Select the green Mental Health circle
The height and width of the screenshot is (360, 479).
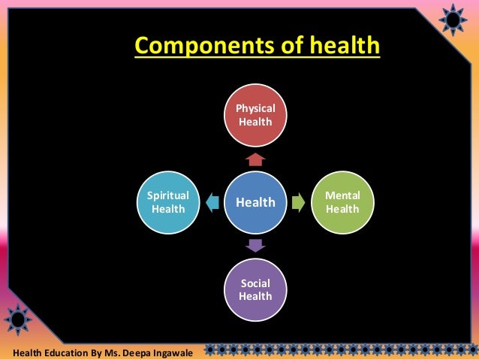[x=342, y=202]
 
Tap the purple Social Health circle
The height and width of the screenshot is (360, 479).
[x=255, y=289]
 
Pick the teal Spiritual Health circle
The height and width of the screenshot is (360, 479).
[x=168, y=202]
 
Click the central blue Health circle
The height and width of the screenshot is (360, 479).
[x=255, y=202]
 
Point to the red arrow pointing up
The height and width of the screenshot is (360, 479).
[x=255, y=159]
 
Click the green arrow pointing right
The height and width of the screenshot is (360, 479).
[x=299, y=202]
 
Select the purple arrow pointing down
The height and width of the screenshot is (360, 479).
[x=255, y=245]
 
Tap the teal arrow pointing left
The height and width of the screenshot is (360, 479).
[x=212, y=202]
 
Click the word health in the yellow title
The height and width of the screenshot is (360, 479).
[x=342, y=47]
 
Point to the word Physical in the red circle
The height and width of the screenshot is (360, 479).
[x=255, y=108]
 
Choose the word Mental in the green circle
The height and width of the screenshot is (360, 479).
[x=342, y=195]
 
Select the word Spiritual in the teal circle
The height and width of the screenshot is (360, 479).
[x=168, y=195]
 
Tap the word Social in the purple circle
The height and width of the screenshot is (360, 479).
[x=255, y=283]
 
